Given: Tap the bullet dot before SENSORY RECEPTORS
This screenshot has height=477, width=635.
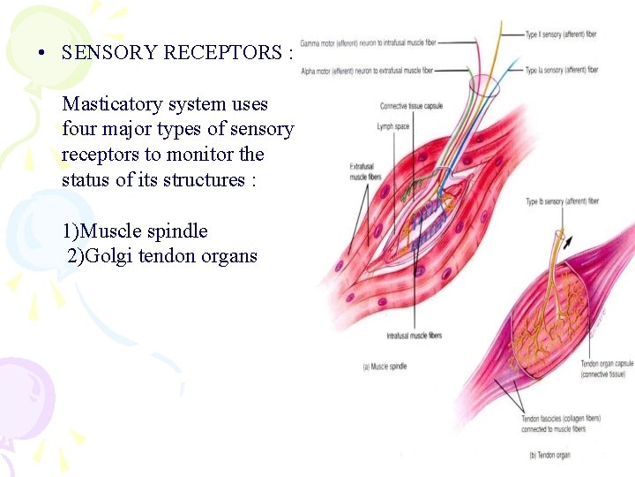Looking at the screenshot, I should point(41,52).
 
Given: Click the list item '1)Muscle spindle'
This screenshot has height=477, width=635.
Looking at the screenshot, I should point(135,231).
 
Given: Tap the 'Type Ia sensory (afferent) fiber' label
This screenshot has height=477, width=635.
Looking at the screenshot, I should point(561,70).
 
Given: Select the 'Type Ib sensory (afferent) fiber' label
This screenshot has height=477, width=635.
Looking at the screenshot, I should point(562,201).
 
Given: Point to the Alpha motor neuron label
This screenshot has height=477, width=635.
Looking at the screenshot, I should point(367,70).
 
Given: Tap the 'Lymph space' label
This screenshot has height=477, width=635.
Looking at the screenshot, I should point(394,127).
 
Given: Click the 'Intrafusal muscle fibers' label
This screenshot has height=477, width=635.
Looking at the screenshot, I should point(414,336).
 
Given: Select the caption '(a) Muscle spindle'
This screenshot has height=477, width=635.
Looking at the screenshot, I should point(384,367).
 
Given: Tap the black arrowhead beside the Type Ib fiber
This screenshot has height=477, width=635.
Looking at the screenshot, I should point(567,239).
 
